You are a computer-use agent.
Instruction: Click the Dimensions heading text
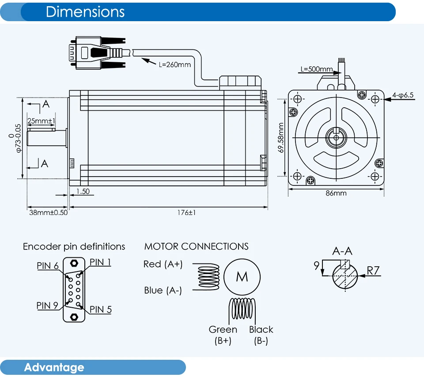[x=85, y=12]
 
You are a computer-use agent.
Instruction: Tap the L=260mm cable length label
[x=175, y=64]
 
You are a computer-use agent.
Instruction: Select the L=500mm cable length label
[x=317, y=69]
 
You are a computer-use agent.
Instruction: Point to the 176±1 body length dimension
[x=186, y=213]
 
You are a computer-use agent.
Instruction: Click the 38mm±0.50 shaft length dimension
[x=49, y=213]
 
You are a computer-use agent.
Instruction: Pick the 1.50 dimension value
[x=83, y=191]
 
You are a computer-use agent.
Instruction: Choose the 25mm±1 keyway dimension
[x=41, y=121]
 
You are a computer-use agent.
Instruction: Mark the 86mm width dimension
[x=336, y=193]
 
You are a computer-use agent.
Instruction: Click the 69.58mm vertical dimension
[x=281, y=138]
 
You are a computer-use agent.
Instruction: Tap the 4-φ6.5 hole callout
[x=403, y=95]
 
